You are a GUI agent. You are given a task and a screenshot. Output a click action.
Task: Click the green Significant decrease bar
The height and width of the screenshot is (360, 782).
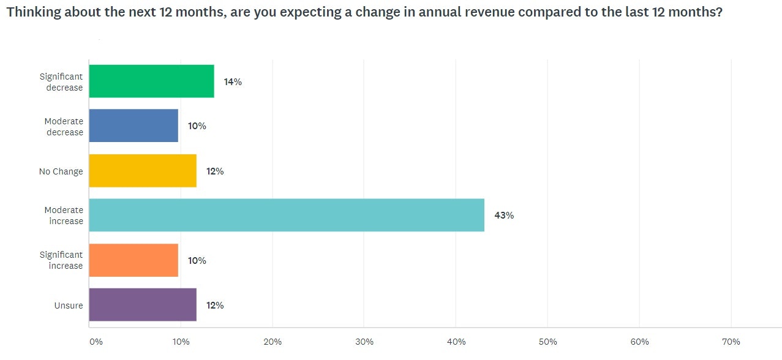151,81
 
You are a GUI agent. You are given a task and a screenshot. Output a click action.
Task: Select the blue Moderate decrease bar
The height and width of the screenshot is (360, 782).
133,126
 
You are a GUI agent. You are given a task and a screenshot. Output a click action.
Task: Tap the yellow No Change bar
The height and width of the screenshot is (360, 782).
143,171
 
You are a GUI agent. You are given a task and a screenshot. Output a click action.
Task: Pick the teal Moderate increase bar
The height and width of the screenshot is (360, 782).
287,216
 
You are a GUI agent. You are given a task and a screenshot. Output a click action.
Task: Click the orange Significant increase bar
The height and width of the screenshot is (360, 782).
133,260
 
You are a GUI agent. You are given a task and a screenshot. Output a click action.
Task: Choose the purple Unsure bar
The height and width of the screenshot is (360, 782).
143,305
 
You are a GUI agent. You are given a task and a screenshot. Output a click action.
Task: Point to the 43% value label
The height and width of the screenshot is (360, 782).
504,216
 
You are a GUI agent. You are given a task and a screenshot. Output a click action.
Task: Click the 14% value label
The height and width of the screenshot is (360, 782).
233,81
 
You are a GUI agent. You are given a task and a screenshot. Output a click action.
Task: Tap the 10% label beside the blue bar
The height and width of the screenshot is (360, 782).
197,126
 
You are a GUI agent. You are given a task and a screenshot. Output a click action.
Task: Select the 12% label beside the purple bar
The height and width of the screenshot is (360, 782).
215,305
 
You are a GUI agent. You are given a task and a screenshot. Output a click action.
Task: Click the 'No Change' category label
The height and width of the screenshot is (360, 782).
61,171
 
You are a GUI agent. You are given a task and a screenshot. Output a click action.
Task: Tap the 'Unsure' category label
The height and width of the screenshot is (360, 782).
69,306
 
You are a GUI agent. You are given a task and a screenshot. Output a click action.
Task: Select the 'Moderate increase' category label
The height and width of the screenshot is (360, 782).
64,216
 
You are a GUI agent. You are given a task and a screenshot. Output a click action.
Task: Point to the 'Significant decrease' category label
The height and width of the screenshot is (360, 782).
61,82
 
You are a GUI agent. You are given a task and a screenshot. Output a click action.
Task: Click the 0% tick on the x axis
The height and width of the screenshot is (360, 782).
96,342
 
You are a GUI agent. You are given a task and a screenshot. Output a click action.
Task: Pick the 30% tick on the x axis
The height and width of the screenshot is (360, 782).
364,342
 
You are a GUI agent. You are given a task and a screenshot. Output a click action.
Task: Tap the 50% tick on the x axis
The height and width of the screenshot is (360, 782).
547,342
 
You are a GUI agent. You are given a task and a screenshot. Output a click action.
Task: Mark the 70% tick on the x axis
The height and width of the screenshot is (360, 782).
731,342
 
